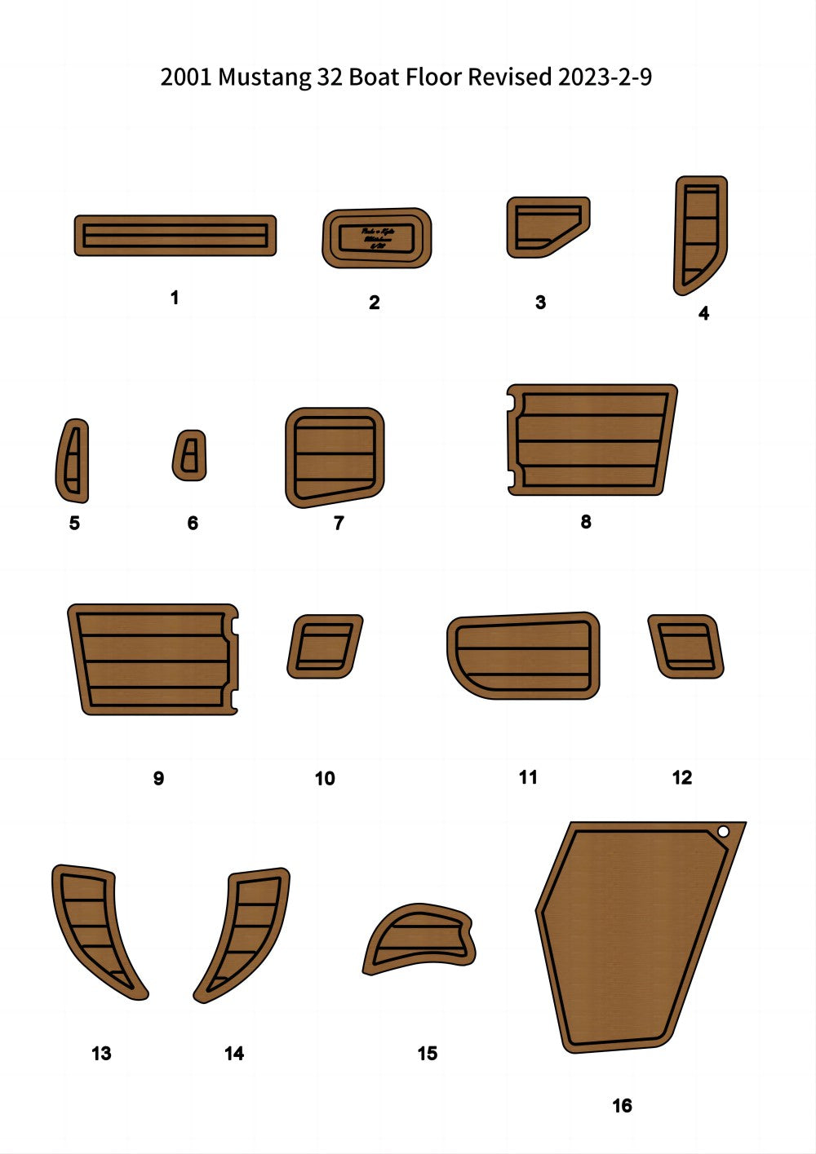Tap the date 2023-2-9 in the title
pyautogui.click(x=605, y=77)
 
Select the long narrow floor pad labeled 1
pyautogui.click(x=175, y=236)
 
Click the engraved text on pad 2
pyautogui.click(x=377, y=238)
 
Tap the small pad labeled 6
pyautogui.click(x=189, y=455)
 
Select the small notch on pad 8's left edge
pyautogui.click(x=511, y=402)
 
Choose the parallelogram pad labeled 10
pyautogui.click(x=324, y=646)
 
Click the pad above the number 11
pyautogui.click(x=523, y=656)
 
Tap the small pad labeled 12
pyautogui.click(x=685, y=646)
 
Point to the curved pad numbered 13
pyautogui.click(x=94, y=926)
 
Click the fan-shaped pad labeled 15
pyautogui.click(x=419, y=939)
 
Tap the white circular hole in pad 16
pyautogui.click(x=723, y=831)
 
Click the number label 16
pyautogui.click(x=622, y=1105)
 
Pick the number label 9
pyautogui.click(x=158, y=778)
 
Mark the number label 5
pyautogui.click(x=74, y=523)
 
